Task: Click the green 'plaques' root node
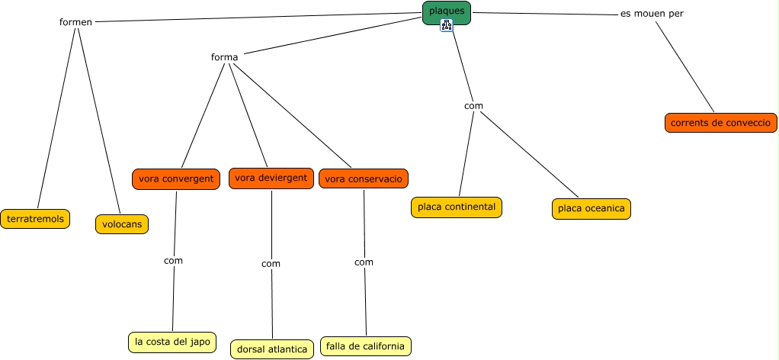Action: click(x=447, y=11)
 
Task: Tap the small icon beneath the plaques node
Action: click(x=447, y=26)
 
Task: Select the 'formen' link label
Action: click(x=75, y=21)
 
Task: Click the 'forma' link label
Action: click(x=224, y=57)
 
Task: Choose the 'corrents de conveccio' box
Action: click(x=720, y=122)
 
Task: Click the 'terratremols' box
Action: click(x=35, y=219)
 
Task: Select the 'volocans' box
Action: click(x=122, y=224)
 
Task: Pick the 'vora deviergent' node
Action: click(x=271, y=178)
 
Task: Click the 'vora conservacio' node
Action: click(x=364, y=179)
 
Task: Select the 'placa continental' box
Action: click(x=457, y=207)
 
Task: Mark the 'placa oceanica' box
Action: click(x=591, y=208)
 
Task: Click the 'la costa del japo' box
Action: click(x=172, y=342)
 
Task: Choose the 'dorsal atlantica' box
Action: click(x=272, y=349)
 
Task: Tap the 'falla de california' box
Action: click(x=365, y=346)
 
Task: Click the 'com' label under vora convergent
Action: click(x=173, y=260)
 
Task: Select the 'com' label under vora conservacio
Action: click(x=364, y=262)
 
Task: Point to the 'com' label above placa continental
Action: click(x=473, y=106)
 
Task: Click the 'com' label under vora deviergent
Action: click(x=271, y=263)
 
